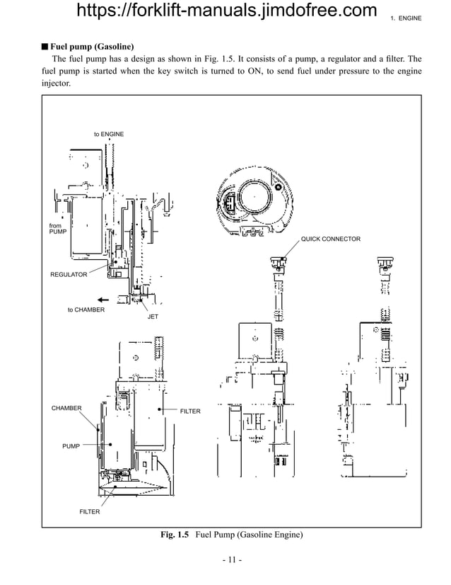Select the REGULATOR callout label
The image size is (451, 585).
(x=69, y=274)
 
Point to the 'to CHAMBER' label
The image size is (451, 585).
(x=86, y=309)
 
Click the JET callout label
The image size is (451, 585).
(x=153, y=317)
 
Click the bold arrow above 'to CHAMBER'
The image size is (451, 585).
(x=104, y=298)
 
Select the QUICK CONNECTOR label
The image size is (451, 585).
(x=331, y=239)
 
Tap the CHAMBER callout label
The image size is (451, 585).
(x=66, y=408)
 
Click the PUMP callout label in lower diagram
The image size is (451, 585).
(x=71, y=446)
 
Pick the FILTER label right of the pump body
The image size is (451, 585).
(x=190, y=411)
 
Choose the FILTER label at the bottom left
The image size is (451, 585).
(x=89, y=511)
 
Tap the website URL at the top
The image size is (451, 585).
(x=225, y=11)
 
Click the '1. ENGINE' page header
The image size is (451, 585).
(x=406, y=18)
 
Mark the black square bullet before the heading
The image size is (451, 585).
(x=44, y=47)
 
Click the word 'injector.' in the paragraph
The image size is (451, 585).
(x=57, y=84)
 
